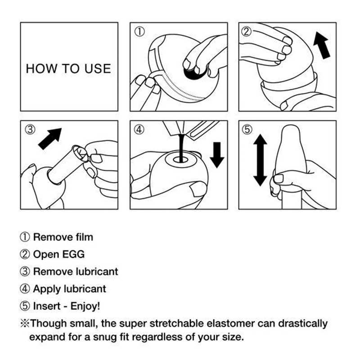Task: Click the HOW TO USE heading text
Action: click(68, 69)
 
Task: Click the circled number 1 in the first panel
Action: click(140, 32)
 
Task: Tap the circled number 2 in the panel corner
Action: click(247, 31)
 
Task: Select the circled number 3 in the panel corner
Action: click(30, 130)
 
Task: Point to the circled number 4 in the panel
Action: click(140, 130)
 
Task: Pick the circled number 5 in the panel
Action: click(247, 130)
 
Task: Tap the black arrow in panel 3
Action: click(49, 137)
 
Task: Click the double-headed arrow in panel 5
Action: click(260, 161)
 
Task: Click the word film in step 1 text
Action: click(84, 237)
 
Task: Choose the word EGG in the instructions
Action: click(73, 254)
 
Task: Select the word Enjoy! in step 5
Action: click(85, 306)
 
